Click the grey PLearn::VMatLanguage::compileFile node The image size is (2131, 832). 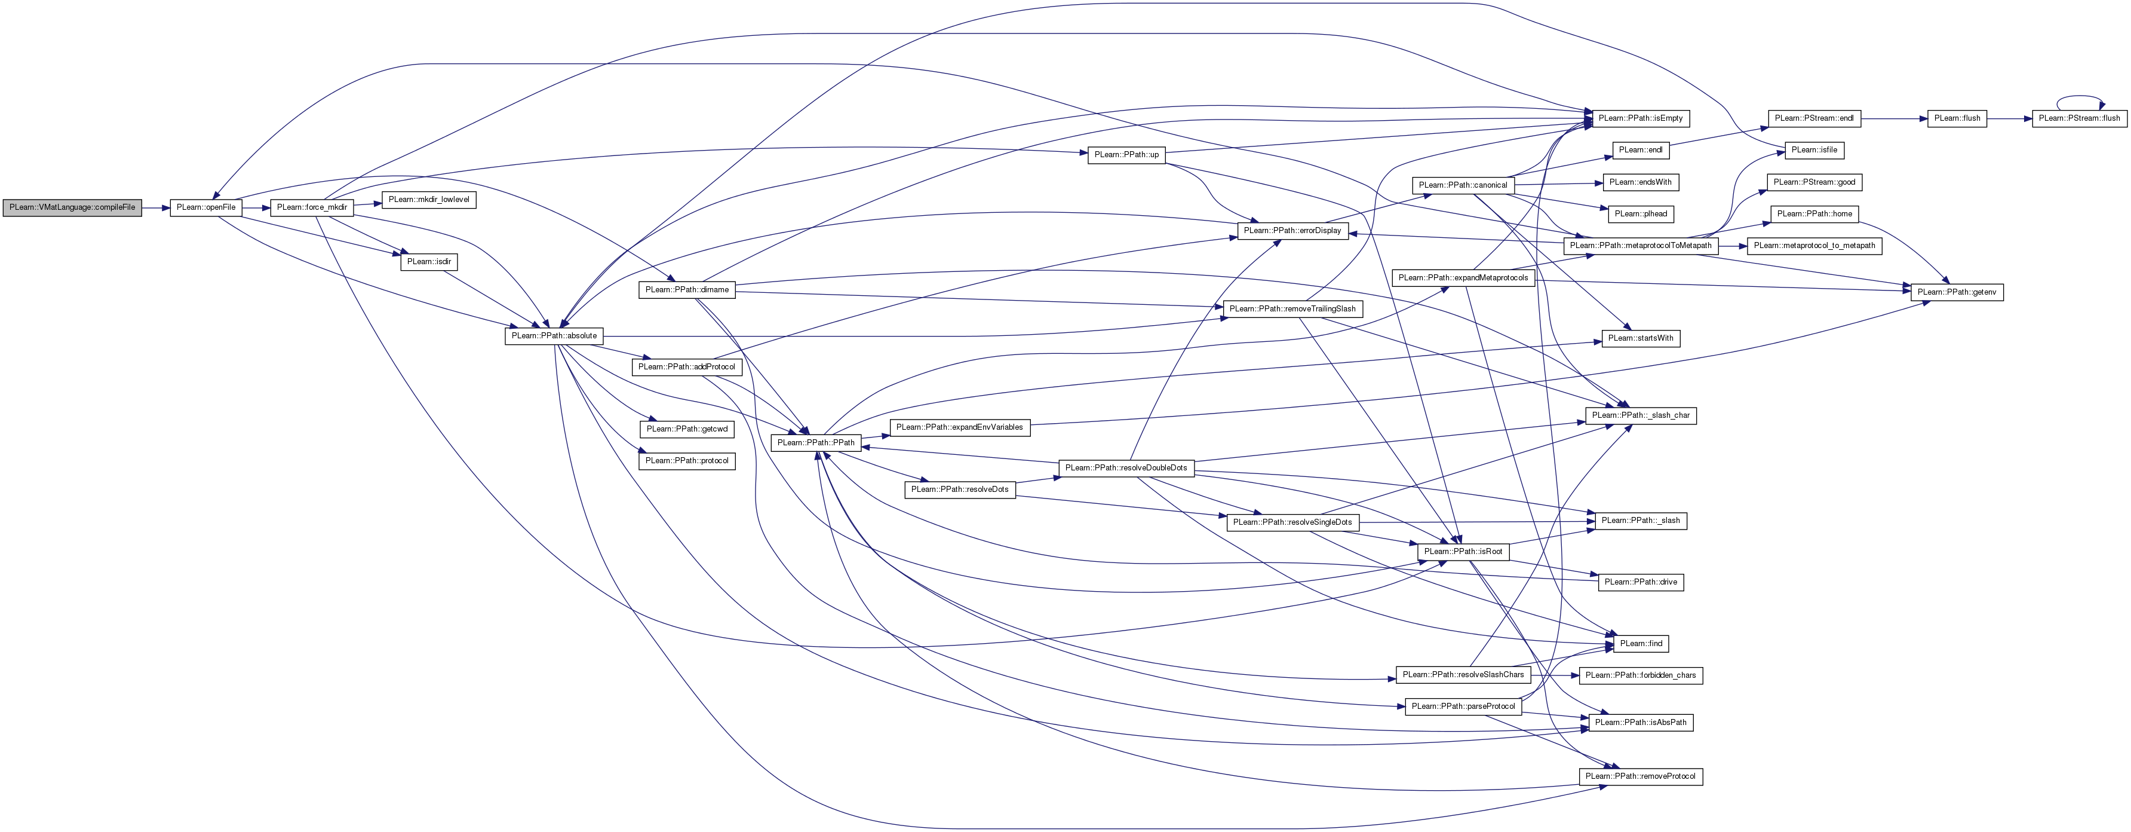[x=72, y=207]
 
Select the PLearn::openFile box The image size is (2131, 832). [x=206, y=207]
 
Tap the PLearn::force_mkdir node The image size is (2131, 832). [x=312, y=207]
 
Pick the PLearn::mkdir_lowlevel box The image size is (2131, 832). [x=428, y=200]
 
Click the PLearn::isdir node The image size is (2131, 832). [x=428, y=262]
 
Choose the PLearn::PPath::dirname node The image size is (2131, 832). [x=687, y=290]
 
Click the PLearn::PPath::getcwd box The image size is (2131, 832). [x=687, y=429]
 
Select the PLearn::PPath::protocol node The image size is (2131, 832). [x=687, y=460]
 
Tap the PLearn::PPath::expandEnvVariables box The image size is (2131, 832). [x=960, y=427]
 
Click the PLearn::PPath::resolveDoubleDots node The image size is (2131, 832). [x=1126, y=468]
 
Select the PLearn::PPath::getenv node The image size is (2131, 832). [x=1957, y=292]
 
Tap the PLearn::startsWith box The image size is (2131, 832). [x=1641, y=338]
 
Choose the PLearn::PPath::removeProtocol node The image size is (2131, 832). [x=1641, y=776]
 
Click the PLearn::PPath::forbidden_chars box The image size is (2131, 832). [x=1641, y=675]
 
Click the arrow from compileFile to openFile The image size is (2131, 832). [x=155, y=207]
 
